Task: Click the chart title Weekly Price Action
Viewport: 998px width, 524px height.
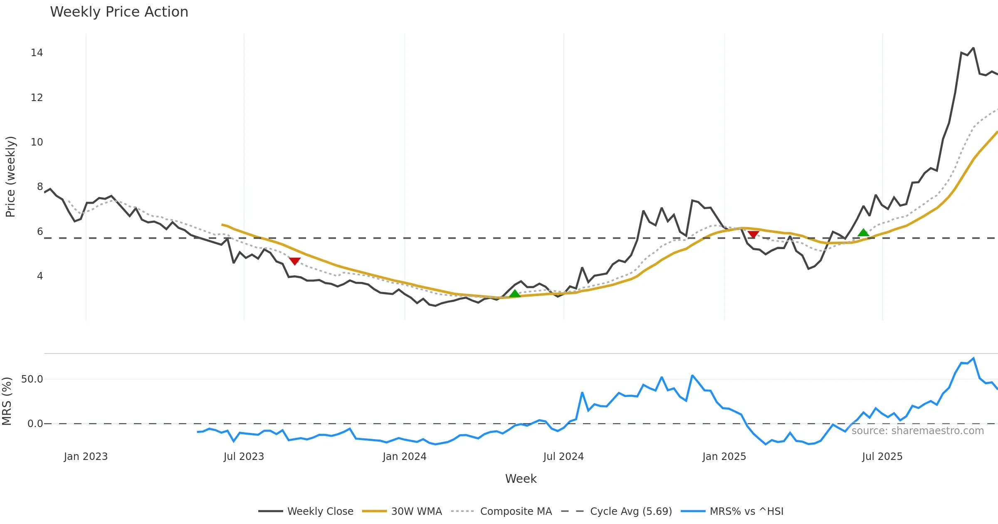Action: [x=119, y=12]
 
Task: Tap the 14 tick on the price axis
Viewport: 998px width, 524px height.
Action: [x=37, y=53]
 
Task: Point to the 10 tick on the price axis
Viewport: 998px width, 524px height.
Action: [x=37, y=142]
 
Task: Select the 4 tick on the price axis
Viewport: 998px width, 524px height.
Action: [x=40, y=276]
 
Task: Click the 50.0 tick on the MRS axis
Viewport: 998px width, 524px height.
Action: [x=32, y=379]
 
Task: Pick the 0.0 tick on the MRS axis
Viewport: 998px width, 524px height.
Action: [x=35, y=424]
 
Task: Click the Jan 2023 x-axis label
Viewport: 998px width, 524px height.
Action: [x=86, y=457]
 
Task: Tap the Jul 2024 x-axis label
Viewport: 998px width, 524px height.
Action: [x=563, y=457]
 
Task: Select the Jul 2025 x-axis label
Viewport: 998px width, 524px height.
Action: [x=882, y=457]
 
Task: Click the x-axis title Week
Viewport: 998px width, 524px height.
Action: [x=521, y=479]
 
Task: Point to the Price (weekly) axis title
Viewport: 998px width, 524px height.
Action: [x=10, y=177]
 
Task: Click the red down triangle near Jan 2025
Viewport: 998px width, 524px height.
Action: [x=753, y=235]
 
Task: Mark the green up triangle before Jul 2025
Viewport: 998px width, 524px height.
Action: [x=863, y=233]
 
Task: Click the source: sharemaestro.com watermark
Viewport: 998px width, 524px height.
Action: [x=917, y=431]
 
